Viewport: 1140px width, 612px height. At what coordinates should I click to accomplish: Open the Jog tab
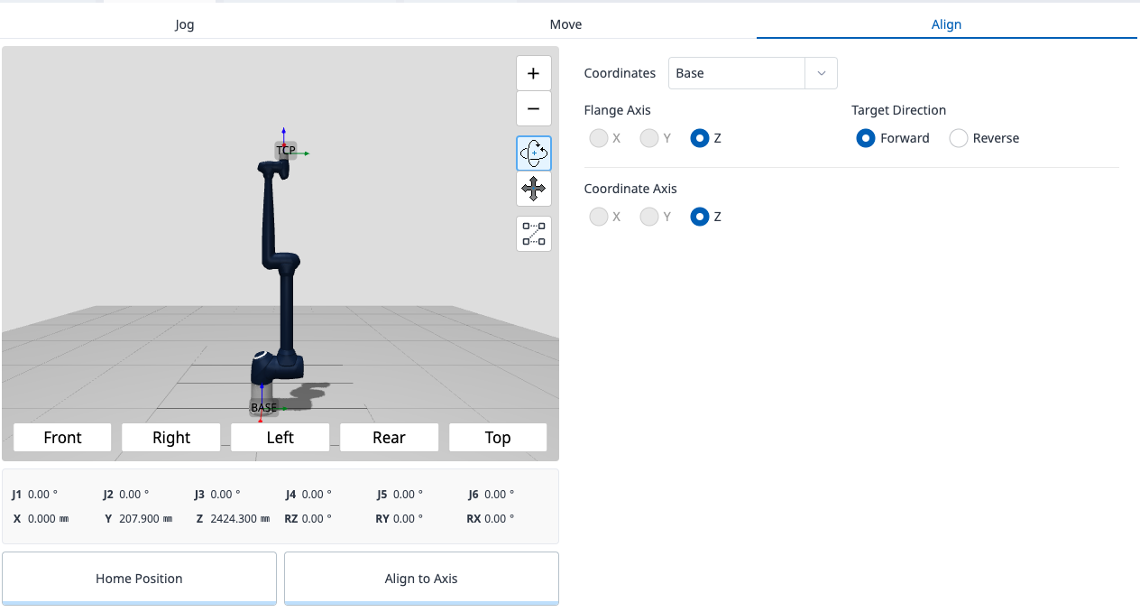(x=184, y=24)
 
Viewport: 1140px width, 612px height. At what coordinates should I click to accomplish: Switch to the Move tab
(x=565, y=24)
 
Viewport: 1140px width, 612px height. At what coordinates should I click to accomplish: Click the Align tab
(x=946, y=24)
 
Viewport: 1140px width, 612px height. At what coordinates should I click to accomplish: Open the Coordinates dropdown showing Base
(x=752, y=73)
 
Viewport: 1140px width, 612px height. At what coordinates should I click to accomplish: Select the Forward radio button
(x=865, y=138)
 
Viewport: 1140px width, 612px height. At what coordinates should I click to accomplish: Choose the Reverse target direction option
(x=958, y=138)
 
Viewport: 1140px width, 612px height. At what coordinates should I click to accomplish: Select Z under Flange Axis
(x=699, y=138)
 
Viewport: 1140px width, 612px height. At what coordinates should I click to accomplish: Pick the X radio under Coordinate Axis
(x=598, y=217)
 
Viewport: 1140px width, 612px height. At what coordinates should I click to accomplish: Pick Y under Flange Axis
(x=648, y=138)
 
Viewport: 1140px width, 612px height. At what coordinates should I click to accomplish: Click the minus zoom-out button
(x=533, y=108)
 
